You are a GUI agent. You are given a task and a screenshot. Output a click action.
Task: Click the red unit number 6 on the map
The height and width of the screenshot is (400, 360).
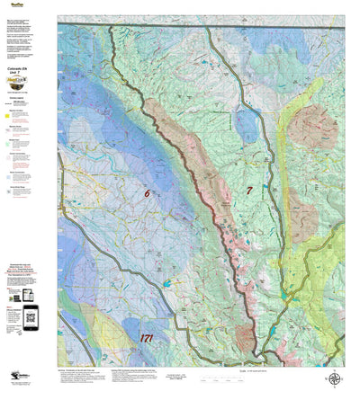(146, 192)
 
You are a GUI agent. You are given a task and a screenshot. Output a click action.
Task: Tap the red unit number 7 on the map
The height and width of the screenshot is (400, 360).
(249, 190)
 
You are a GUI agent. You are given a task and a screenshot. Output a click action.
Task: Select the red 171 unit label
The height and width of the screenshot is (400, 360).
(152, 338)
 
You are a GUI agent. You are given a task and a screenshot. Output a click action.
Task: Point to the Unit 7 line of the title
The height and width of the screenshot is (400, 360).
(18, 75)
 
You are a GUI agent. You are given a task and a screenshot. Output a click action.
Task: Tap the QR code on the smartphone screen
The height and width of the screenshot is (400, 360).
(31, 314)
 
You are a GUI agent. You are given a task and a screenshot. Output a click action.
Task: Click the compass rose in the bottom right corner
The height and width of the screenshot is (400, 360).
(335, 379)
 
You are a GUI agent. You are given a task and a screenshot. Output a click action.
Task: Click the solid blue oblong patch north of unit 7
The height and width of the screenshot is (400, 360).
(243, 127)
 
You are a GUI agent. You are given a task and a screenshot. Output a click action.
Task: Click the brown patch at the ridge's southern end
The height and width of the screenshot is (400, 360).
(245, 337)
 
